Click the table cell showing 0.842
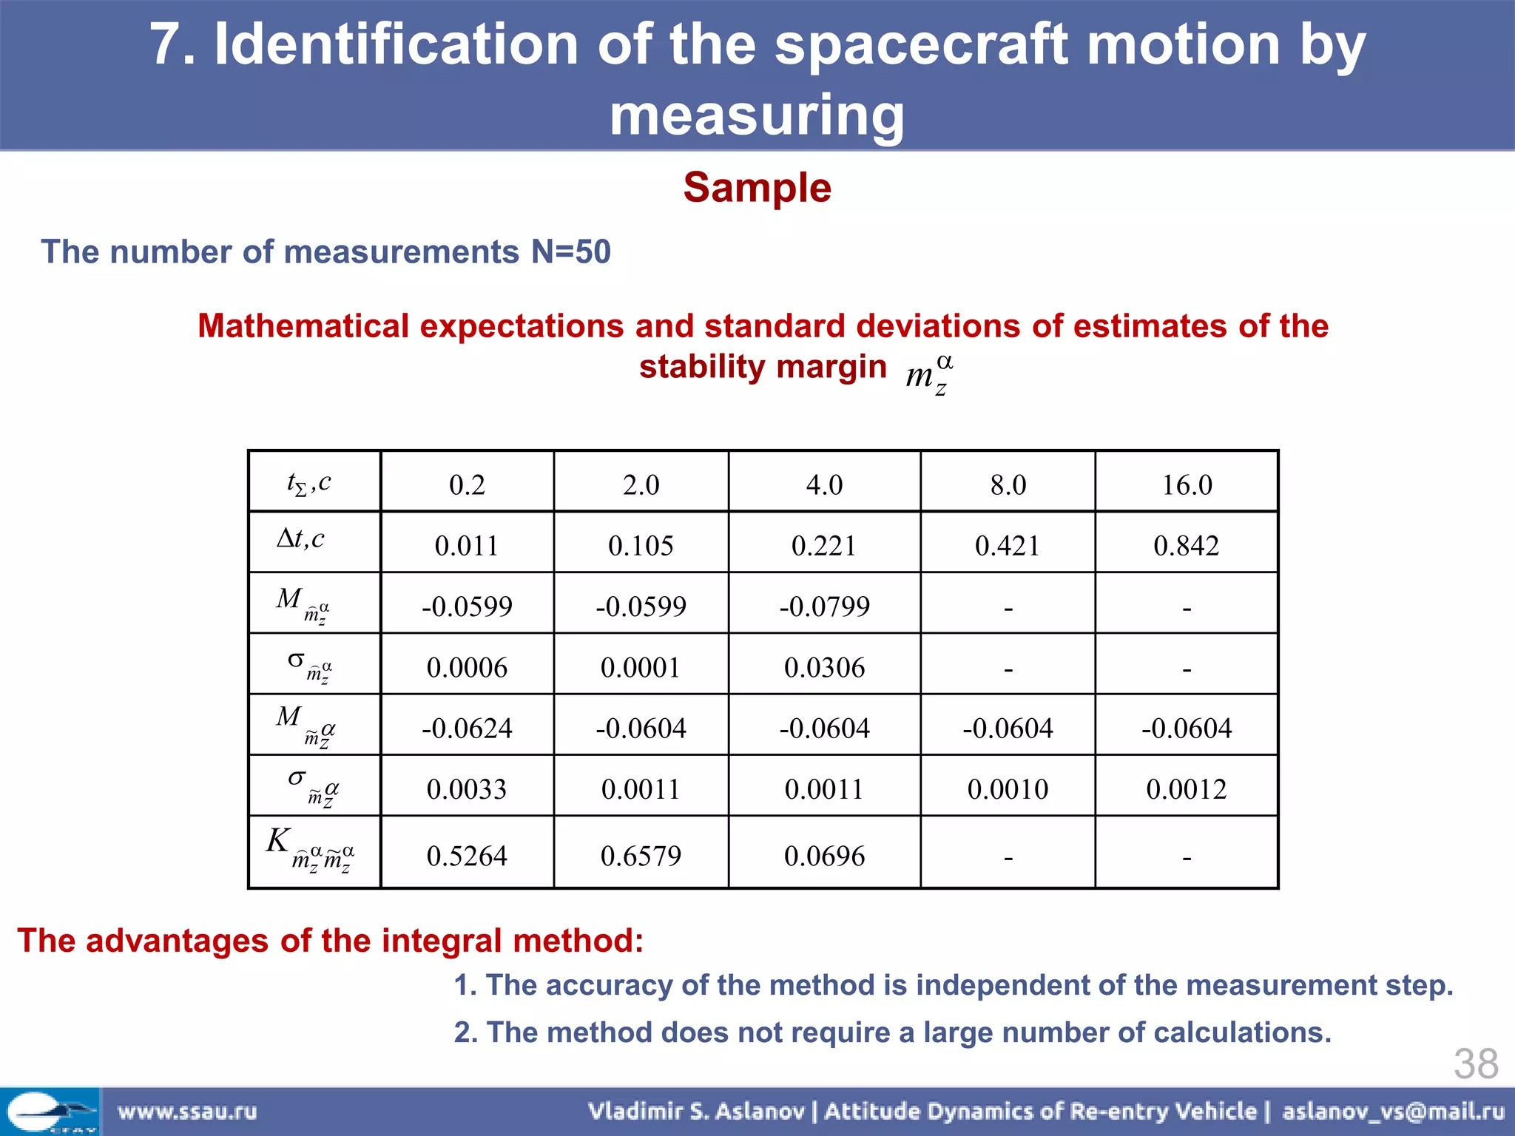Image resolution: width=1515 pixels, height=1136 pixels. [x=1186, y=546]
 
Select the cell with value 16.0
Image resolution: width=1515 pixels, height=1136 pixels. [x=1187, y=485]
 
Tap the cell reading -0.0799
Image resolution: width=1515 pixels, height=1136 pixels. [x=824, y=606]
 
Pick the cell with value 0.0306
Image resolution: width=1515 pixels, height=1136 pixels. [x=824, y=668]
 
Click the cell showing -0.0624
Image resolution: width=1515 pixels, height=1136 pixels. [x=467, y=728]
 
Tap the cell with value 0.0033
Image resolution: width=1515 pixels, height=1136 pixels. [x=467, y=789]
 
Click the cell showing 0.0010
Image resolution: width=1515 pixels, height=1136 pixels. [x=1008, y=789]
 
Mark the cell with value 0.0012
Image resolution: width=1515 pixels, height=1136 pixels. [x=1186, y=789]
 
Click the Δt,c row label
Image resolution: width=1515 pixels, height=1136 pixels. [x=301, y=539]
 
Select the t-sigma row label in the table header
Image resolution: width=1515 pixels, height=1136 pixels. [x=309, y=484]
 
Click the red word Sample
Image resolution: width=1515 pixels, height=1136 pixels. [x=757, y=187]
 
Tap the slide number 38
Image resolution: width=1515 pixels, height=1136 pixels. [x=1475, y=1064]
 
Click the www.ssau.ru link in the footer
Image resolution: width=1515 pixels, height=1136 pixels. [x=187, y=1112]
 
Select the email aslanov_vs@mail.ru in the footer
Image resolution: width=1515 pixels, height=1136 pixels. [x=1393, y=1112]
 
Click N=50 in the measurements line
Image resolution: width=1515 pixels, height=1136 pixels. [x=570, y=252]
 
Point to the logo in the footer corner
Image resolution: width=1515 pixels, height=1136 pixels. [x=50, y=1112]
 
